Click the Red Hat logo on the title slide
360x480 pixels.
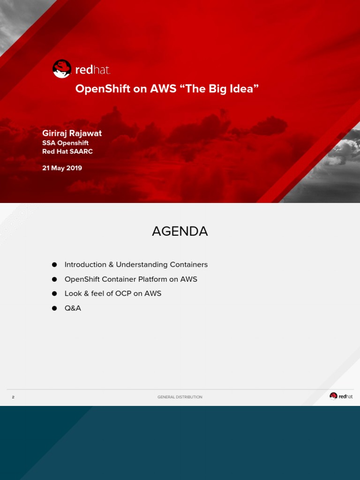tap(81, 69)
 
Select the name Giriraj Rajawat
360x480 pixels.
tap(72, 133)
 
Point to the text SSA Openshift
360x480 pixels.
tap(65, 143)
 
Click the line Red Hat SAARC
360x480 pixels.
tap(67, 151)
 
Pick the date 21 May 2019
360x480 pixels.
tap(62, 168)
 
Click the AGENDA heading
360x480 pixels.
tap(180, 231)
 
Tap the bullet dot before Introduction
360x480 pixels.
tap(54, 265)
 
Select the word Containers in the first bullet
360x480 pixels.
tap(189, 265)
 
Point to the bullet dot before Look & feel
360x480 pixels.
tap(54, 294)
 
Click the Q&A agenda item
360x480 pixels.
tap(73, 308)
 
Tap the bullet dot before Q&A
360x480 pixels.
tap(54, 308)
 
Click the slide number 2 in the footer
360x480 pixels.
tap(13, 397)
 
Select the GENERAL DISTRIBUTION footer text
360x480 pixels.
tap(180, 397)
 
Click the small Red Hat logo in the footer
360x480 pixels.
tap(341, 396)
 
